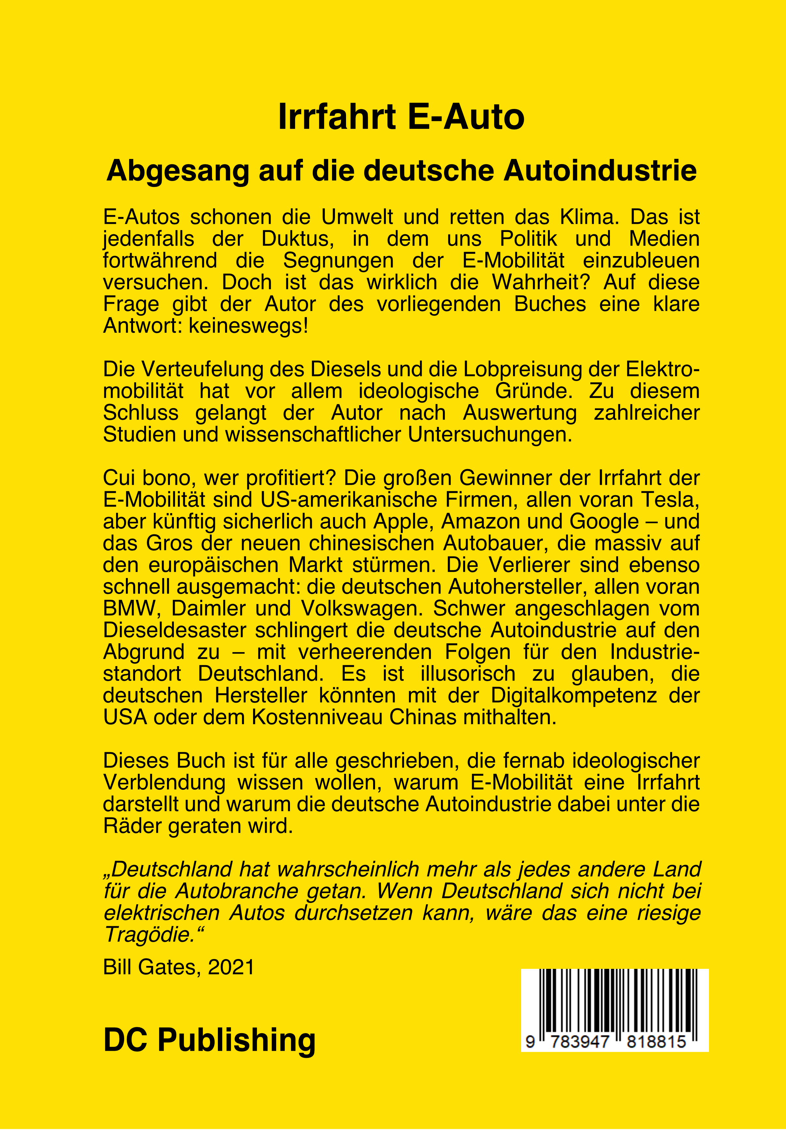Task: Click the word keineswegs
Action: tap(248, 326)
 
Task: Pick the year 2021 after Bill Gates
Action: tap(231, 968)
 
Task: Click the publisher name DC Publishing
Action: tap(209, 1040)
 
